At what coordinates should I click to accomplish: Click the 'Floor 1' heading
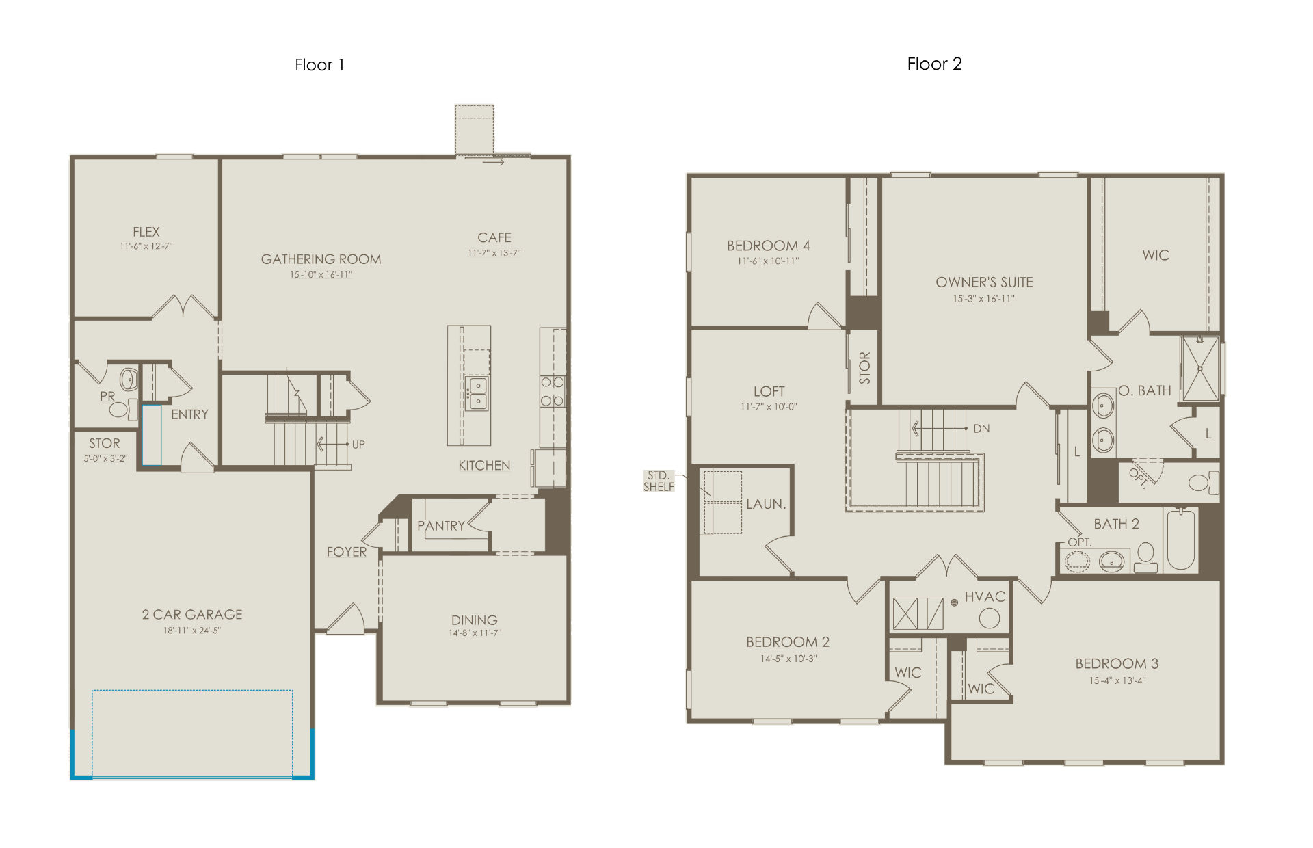(319, 65)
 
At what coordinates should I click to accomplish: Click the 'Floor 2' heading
(934, 64)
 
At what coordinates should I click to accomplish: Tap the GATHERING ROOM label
(321, 259)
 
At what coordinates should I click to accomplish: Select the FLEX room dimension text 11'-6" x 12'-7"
(146, 246)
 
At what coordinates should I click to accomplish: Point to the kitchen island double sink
(477, 393)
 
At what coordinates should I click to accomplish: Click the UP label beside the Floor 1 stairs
(358, 445)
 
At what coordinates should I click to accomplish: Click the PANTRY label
(441, 525)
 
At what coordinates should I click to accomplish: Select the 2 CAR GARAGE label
(192, 614)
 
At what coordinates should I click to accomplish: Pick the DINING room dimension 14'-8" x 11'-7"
(475, 633)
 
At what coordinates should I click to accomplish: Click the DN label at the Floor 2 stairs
(981, 429)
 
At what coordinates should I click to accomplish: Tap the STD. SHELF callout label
(659, 481)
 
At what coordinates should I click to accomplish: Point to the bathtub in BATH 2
(1180, 540)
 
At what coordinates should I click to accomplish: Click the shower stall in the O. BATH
(1200, 368)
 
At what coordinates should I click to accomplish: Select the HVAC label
(985, 596)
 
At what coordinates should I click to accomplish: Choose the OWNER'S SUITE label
(984, 282)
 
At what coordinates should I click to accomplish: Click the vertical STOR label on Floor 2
(864, 367)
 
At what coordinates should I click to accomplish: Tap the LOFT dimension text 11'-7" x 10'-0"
(769, 407)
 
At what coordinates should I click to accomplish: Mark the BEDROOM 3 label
(1117, 663)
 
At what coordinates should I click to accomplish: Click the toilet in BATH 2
(1145, 557)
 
